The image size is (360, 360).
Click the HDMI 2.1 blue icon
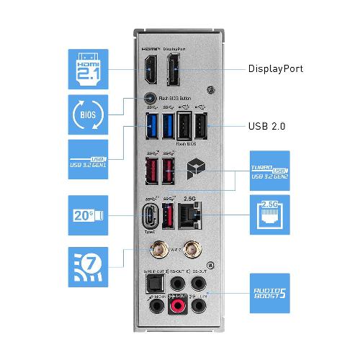click(88, 69)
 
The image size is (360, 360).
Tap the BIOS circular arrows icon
click(88, 115)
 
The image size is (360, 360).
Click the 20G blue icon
click(88, 215)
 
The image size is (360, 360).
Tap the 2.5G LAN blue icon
click(269, 215)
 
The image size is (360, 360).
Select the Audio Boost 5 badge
click(269, 293)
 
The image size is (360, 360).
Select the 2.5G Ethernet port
click(191, 215)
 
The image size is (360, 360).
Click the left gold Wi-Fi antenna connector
click(156, 250)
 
